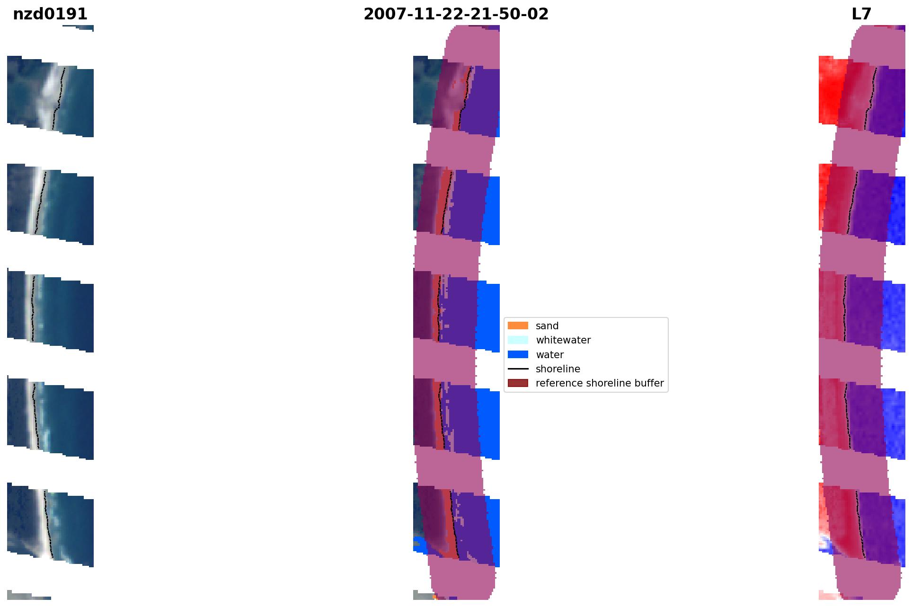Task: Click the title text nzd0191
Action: (x=50, y=14)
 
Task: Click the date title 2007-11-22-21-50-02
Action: (x=456, y=14)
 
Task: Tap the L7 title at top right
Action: (x=861, y=14)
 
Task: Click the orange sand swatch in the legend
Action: (x=518, y=325)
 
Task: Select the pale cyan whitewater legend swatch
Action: (x=518, y=340)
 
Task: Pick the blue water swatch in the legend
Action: (x=518, y=354)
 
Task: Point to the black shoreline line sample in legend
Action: (x=518, y=369)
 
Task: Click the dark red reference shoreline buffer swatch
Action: (x=518, y=383)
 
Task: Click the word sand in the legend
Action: (x=547, y=326)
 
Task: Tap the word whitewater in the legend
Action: (x=563, y=340)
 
